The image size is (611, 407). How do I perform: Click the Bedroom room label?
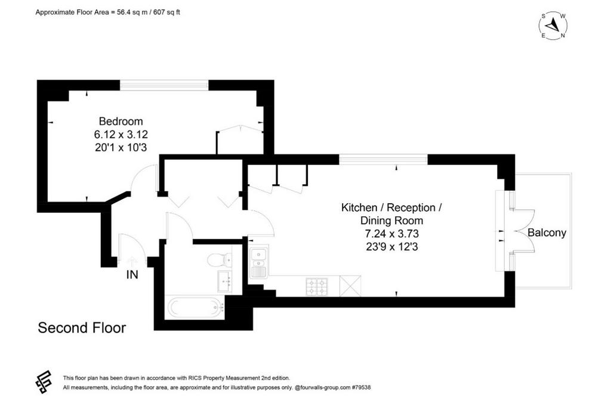tap(121, 122)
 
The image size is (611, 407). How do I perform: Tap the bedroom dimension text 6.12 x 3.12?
tap(121, 135)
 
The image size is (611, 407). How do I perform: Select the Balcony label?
tap(547, 232)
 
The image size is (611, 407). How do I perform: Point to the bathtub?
tap(196, 307)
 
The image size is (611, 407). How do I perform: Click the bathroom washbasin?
tap(224, 281)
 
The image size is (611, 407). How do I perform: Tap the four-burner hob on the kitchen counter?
tap(317, 287)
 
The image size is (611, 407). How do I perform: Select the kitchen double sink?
tap(258, 263)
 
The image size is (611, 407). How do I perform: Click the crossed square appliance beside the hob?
tap(350, 286)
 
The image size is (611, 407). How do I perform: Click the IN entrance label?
tap(132, 275)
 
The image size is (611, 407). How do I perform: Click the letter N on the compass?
tap(563, 36)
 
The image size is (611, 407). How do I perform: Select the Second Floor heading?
tap(82, 328)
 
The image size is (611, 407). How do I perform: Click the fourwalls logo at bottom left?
tap(44, 382)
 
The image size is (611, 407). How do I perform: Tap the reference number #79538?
tap(361, 387)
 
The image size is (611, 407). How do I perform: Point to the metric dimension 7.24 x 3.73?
tap(391, 234)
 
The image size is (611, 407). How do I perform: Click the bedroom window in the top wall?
tap(164, 85)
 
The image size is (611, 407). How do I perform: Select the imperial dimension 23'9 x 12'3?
tap(391, 247)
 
